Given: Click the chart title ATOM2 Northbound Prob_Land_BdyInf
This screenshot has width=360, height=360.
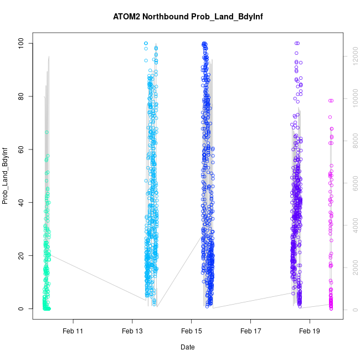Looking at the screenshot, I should click(x=187, y=17).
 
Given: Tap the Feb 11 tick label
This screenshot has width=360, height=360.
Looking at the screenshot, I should click(x=73, y=331).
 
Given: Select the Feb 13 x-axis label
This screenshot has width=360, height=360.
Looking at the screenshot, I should click(x=132, y=331).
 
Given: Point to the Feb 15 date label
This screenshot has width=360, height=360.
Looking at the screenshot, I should click(x=191, y=331).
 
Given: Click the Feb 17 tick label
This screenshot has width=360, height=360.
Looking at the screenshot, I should click(x=250, y=331).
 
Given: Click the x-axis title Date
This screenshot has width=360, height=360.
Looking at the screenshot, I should click(x=187, y=347).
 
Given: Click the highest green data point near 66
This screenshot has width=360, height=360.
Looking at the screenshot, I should click(x=47, y=132).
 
